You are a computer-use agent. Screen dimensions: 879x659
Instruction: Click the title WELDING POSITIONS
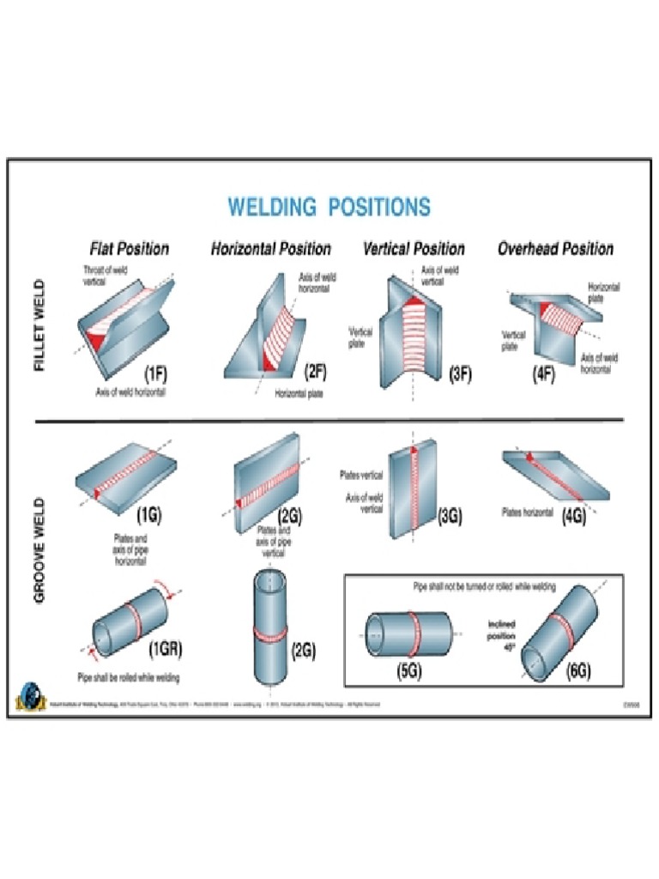click(x=329, y=207)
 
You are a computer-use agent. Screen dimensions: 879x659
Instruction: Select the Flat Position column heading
click(x=130, y=249)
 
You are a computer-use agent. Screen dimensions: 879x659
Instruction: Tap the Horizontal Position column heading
click(x=271, y=249)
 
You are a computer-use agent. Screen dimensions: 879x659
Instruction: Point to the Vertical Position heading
click(x=414, y=249)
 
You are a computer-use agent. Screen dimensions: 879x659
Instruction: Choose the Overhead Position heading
click(x=555, y=249)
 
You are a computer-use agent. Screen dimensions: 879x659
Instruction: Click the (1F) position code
click(x=161, y=374)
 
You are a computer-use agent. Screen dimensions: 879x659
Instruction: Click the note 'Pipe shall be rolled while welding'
click(x=129, y=678)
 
